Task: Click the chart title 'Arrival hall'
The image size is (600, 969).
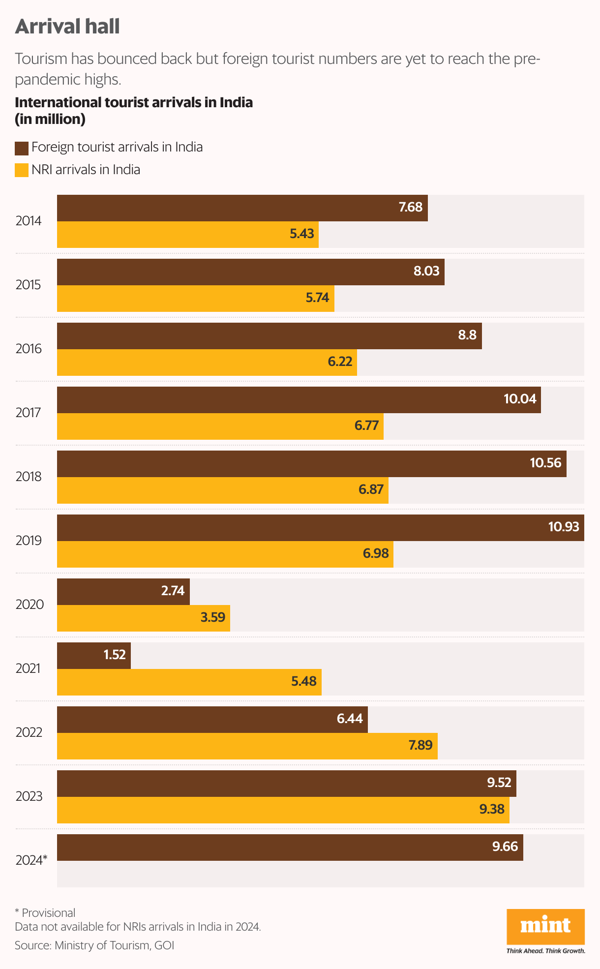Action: (x=67, y=27)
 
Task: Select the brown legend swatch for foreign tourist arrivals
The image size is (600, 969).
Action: (x=22, y=148)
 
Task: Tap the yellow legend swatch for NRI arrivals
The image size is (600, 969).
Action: (x=22, y=170)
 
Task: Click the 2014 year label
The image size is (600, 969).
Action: (x=29, y=221)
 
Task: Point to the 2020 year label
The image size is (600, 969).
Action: (x=30, y=605)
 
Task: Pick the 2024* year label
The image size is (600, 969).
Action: (x=31, y=860)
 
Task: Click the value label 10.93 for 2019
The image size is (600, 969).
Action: (x=564, y=527)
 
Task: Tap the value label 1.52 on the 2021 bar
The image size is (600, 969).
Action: (x=115, y=655)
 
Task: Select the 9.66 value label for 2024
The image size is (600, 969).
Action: (x=505, y=847)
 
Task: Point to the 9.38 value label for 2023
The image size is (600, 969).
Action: (x=492, y=809)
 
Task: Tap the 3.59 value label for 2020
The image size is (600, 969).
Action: (x=212, y=617)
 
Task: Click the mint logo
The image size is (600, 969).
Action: (x=545, y=926)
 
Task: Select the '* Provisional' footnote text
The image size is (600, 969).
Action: (x=45, y=913)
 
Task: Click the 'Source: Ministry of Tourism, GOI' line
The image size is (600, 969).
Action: (x=94, y=945)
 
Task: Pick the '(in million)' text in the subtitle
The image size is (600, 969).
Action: (x=50, y=119)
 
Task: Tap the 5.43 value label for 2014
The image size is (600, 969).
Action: (x=301, y=234)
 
